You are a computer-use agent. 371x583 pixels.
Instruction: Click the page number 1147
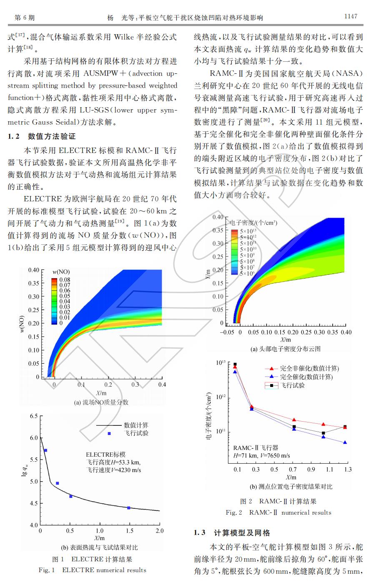351,16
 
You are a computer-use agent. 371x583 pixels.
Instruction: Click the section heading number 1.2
13,136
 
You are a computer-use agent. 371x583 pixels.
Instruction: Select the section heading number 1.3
200,533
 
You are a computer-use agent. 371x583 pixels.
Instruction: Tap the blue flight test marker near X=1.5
128,508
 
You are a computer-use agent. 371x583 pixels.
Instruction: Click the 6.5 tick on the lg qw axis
34,416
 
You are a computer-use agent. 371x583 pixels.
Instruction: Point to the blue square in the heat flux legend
109,433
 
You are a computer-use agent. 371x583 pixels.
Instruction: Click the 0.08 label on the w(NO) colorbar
65,279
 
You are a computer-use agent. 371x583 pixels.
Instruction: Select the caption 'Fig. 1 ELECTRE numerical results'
93,570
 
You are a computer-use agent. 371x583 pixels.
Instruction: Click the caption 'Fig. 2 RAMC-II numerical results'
278,513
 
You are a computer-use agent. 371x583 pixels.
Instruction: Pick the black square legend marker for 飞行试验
272,385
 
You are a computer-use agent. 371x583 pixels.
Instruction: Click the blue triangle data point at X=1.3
345,442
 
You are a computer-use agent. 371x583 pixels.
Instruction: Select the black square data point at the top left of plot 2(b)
235,364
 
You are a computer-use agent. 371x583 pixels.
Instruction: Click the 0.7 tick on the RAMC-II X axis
293,470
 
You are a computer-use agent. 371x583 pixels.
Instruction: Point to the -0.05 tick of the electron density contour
227,332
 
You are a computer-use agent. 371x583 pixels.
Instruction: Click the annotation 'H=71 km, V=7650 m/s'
261,456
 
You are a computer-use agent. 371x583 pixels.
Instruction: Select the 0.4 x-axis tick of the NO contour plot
162,384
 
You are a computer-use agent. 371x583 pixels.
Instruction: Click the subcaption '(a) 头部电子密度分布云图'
286,349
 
